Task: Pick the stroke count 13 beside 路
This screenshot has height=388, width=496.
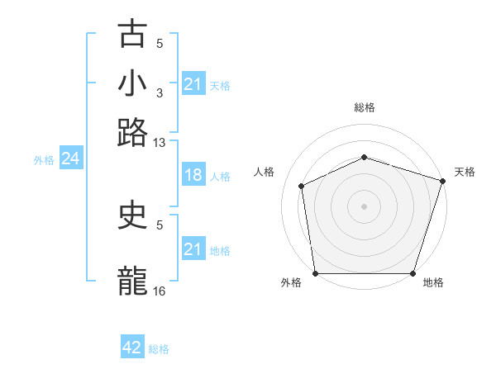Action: click(x=160, y=143)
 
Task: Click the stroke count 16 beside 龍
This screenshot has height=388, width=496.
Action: click(x=160, y=291)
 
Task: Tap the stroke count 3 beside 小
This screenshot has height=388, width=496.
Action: click(x=160, y=93)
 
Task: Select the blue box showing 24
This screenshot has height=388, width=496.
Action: click(x=70, y=159)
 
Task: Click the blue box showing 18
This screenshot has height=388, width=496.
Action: click(x=193, y=175)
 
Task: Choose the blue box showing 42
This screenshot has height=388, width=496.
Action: click(x=132, y=348)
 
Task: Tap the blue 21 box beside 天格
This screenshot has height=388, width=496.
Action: click(x=193, y=84)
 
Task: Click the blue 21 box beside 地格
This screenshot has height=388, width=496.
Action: click(x=193, y=249)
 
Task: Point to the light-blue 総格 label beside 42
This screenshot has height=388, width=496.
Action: click(x=159, y=349)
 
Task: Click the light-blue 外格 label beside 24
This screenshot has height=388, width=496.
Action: click(x=43, y=160)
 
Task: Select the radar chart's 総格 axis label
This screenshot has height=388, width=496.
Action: click(x=364, y=107)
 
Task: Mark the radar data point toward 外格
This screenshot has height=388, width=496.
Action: click(x=315, y=273)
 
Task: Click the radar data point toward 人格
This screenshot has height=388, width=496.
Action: click(x=302, y=186)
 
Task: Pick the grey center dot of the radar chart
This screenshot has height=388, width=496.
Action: click(x=364, y=206)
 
